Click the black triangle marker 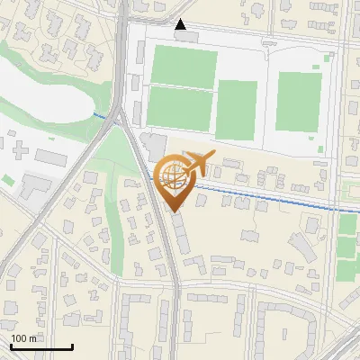[181, 24]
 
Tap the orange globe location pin [172, 178]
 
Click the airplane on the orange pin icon [200, 164]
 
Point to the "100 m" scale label [23, 337]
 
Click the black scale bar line [41, 346]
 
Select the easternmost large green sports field [298, 102]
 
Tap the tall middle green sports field [237, 110]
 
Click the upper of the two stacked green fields [183, 67]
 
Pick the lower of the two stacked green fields [179, 107]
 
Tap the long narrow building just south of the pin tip [180, 232]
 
